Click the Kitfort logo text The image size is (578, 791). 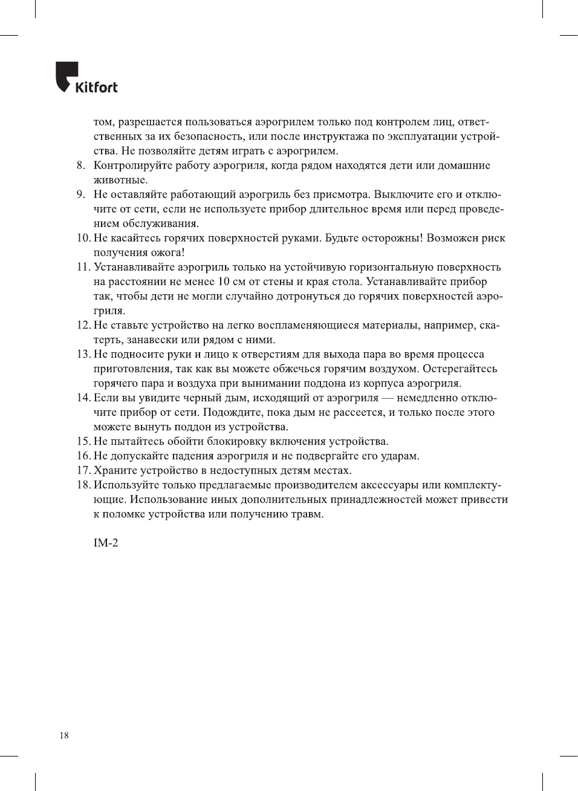pos(96,87)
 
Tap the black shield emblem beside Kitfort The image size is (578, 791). pos(66,76)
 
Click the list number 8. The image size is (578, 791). pos(80,166)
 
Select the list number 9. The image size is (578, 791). pos(80,195)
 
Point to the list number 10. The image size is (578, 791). pos(83,238)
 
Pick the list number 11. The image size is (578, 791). pos(83,267)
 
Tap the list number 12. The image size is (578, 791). pos(83,326)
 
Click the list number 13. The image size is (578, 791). pos(83,355)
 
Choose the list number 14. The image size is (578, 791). pos(83,398)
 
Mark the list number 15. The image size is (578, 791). pos(83,442)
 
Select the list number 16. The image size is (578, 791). pos(83,456)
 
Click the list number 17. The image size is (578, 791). pos(83,471)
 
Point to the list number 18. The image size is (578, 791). pos(83,485)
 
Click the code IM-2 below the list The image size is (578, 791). pos(106,543)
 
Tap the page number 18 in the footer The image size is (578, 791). pos(64,736)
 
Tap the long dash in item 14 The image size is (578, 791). pos(388,398)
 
